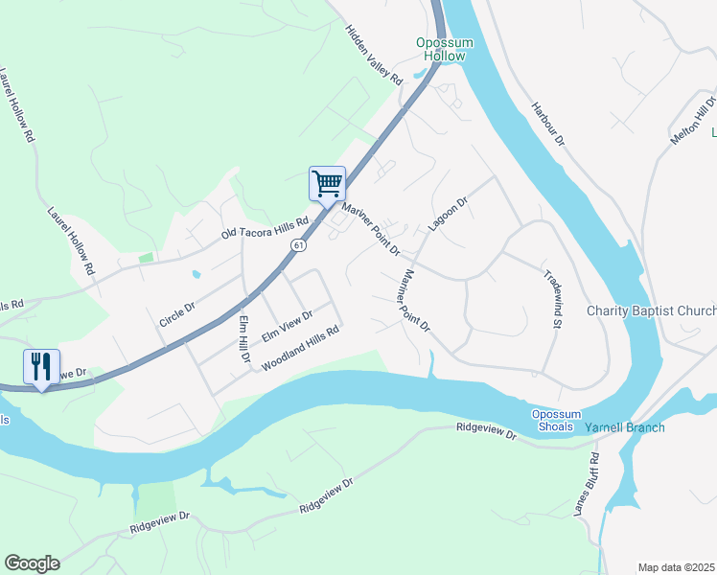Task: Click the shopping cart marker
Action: click(327, 183)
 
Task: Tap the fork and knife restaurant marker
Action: click(41, 366)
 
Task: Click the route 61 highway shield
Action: click(300, 246)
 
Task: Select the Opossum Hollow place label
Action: click(441, 49)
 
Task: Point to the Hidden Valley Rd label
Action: click(374, 56)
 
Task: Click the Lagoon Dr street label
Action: click(447, 216)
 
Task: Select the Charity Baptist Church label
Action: click(651, 311)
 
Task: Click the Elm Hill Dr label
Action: click(243, 338)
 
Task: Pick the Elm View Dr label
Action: click(288, 327)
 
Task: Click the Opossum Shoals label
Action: click(555, 420)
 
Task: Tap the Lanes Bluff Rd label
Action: click(587, 486)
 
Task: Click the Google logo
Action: click(32, 563)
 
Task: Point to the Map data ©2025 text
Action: click(676, 567)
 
